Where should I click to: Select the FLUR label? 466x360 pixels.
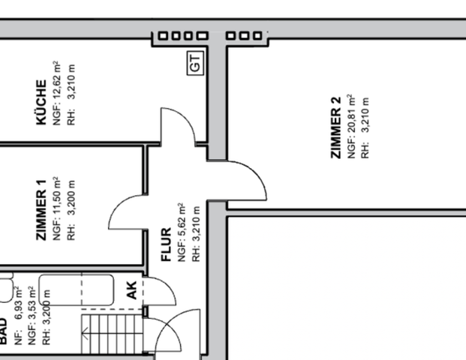[x=167, y=245]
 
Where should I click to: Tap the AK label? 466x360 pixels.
[x=131, y=291]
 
